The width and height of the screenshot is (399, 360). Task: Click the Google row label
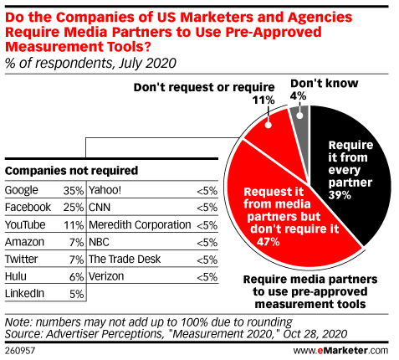point(23,189)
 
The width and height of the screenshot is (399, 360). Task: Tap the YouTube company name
point(26,224)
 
